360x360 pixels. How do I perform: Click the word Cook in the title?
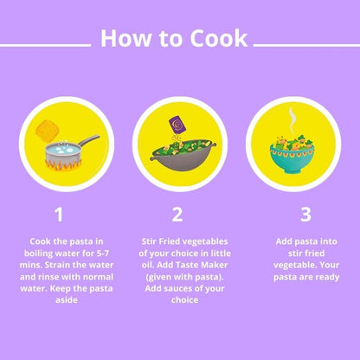pos(219,39)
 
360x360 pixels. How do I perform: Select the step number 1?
pos(59,215)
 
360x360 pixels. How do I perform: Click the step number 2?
pos(177,215)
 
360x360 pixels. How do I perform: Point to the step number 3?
pos(305,215)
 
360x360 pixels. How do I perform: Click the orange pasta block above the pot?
pos(48,132)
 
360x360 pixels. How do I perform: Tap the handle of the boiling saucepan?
pos(89,140)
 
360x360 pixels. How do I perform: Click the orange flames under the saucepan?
pos(63,166)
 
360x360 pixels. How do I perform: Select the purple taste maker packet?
pos(177,124)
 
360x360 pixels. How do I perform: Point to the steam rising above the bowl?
pos(292,121)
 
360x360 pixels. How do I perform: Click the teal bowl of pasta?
pos(292,158)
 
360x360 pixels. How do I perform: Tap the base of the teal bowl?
pos(292,170)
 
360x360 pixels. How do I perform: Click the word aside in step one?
pos(67,300)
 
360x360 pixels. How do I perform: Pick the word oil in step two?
pos(147,265)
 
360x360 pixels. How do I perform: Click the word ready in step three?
pos(327,278)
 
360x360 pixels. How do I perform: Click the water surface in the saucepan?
pos(63,149)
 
